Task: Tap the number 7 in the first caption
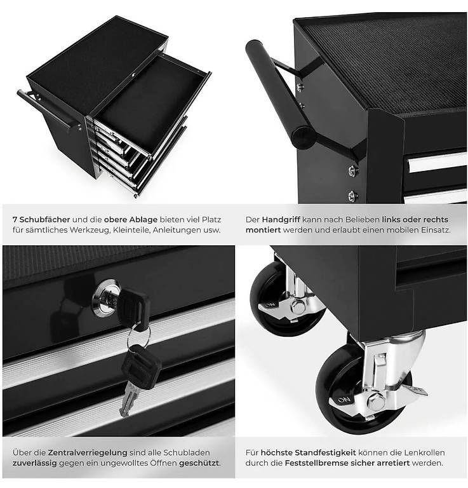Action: click(15, 220)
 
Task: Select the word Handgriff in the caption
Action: click(281, 220)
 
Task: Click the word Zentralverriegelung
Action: click(88, 452)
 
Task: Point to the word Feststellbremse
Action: click(316, 463)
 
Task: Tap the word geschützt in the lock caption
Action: click(199, 463)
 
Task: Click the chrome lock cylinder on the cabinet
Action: click(105, 298)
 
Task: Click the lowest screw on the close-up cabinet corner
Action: click(352, 196)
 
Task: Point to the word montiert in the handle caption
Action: click(263, 230)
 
